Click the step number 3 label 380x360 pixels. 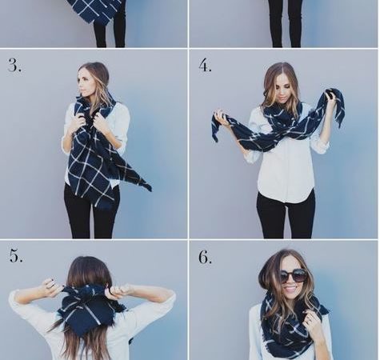tap(14, 65)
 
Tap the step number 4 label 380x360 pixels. tap(205, 66)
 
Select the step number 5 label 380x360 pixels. tap(16, 255)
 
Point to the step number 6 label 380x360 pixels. tap(205, 257)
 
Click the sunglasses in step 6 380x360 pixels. tap(293, 276)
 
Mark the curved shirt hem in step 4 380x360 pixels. tap(286, 198)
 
